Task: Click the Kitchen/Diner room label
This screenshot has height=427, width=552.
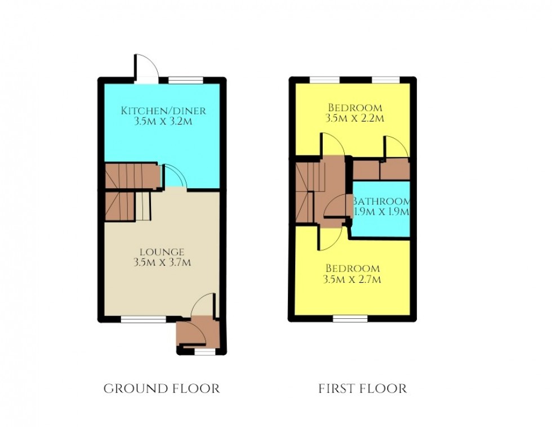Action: (163, 110)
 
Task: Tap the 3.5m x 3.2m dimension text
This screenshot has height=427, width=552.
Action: (163, 122)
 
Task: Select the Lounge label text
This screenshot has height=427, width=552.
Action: (162, 252)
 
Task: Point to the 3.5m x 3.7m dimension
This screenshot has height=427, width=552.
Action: (162, 263)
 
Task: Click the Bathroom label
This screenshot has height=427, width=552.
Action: (381, 201)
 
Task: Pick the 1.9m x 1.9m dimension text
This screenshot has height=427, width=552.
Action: (381, 212)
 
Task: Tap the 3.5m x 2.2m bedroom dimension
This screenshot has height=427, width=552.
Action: (355, 118)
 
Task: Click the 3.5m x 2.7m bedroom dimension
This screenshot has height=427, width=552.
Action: (352, 279)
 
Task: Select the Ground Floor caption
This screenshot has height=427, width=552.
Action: (162, 389)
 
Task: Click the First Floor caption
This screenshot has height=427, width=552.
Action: (363, 389)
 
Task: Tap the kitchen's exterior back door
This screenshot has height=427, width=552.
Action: (146, 69)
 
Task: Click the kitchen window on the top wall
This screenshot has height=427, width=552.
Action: (185, 80)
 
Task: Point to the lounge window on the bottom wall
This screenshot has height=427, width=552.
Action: (143, 319)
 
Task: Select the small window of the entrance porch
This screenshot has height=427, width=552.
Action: (205, 352)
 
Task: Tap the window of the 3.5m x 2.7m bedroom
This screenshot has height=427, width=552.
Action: (350, 319)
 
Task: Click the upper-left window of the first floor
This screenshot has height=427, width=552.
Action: (324, 80)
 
